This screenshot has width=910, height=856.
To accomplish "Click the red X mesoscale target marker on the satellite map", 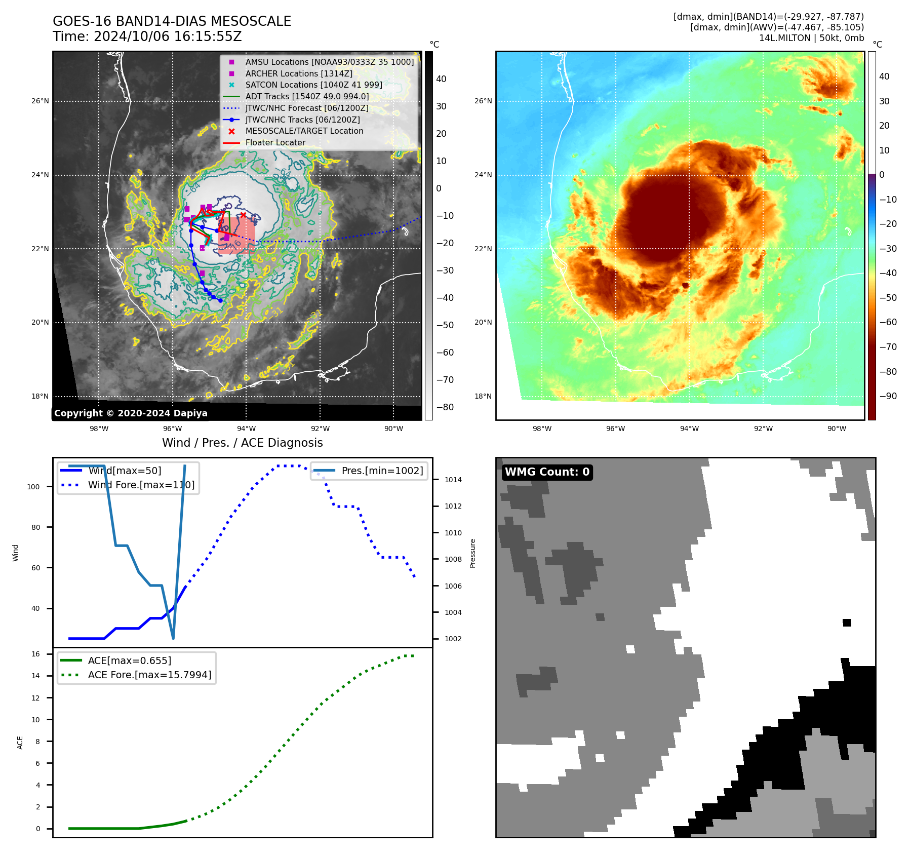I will [243, 215].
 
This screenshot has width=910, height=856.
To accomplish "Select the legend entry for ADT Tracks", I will [306, 96].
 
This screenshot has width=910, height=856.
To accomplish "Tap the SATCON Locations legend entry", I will [313, 85].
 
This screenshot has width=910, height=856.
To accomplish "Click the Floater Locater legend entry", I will [275, 142].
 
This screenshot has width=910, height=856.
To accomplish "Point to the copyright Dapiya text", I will [131, 413].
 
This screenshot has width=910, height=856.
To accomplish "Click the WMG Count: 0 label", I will [547, 472].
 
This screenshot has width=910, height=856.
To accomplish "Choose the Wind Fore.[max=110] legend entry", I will [141, 485].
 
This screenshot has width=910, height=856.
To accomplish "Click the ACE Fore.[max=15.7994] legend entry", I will [149, 675].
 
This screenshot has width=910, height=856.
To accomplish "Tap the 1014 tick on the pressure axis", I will [453, 480].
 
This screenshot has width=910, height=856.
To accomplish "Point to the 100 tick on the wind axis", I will [33, 487].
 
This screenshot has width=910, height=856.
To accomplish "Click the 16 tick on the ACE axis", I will [35, 654].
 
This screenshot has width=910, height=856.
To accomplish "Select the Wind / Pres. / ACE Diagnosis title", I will [242, 443].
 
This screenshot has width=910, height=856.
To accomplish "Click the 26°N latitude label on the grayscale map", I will [41, 101].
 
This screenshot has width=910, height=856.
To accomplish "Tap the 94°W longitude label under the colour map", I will [689, 429].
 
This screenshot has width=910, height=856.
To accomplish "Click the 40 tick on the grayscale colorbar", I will [441, 79].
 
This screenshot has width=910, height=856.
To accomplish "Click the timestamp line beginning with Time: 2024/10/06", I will [147, 36].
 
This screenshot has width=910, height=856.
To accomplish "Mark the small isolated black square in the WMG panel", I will [847, 622].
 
